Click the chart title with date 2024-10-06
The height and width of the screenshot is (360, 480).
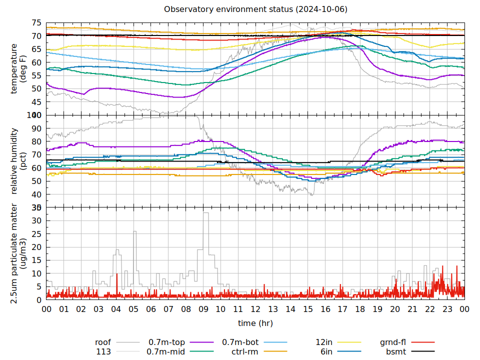coord(255,9)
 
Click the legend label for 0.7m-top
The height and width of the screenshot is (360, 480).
coord(166,342)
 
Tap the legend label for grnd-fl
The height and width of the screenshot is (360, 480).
coord(392,342)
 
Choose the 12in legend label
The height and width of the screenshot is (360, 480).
coord(325,342)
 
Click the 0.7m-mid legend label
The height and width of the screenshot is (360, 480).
coord(166,351)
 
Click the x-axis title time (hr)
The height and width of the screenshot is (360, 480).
coord(255,323)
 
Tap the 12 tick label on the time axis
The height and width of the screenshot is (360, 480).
coord(255,309)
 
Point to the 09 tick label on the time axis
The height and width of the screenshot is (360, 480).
coord(203,309)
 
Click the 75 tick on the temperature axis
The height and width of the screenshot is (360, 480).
coord(36,23)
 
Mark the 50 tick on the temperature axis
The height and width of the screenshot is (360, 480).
coord(36,88)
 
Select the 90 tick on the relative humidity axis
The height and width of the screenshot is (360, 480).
coord(36,128)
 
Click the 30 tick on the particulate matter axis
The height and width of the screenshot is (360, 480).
coord(36,220)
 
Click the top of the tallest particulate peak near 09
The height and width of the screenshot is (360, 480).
coord(205,213)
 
